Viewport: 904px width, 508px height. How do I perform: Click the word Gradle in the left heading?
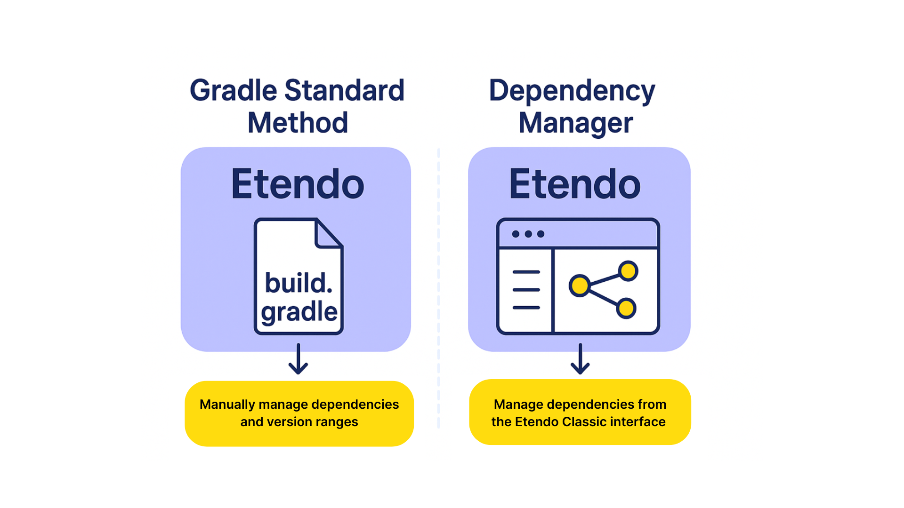234,91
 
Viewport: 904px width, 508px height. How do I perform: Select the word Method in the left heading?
298,123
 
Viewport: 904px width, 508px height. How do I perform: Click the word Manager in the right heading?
575,124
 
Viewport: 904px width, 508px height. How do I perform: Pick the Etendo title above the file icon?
298,184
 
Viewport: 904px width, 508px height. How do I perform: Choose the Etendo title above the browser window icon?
575,184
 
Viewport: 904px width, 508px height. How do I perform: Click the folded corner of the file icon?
328,233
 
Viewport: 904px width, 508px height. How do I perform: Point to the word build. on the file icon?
299,283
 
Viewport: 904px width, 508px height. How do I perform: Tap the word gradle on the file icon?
299,312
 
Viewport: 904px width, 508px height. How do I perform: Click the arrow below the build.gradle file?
298,359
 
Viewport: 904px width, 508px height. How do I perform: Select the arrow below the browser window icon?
580,359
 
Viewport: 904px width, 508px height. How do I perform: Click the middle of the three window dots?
528,234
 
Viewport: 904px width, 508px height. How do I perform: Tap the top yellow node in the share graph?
628,271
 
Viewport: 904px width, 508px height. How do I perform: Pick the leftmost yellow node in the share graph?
580,286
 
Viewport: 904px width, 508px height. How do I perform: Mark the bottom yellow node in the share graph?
626,309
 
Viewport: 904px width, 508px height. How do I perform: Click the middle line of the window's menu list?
526,290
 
